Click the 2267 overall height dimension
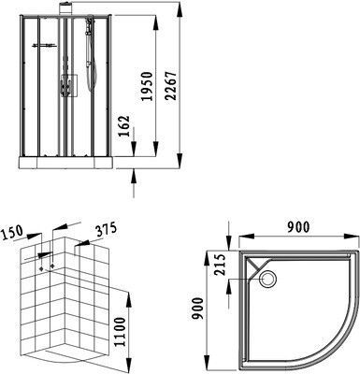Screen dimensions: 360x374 (x=171, y=86)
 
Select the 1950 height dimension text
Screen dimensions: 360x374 (x=147, y=86)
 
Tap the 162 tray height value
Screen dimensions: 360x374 (x=124, y=126)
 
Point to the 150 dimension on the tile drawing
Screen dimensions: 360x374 (x=12, y=232)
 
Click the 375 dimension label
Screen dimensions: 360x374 (x=106, y=229)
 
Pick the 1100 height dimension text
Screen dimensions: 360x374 (x=120, y=332)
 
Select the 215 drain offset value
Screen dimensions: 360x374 (x=220, y=265)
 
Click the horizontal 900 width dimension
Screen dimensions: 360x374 (x=298, y=226)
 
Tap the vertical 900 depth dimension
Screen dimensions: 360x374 (x=197, y=309)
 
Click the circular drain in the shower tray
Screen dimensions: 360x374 (x=267, y=279)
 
